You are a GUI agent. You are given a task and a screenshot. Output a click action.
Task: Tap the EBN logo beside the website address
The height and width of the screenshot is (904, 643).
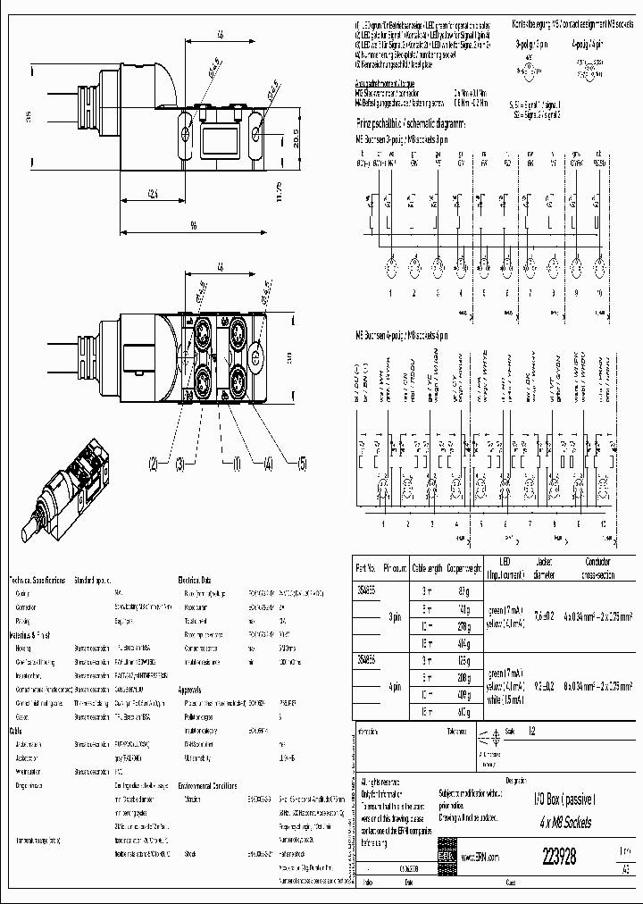coord(447,855)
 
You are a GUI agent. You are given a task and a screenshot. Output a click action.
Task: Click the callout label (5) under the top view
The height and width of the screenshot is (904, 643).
coord(301,463)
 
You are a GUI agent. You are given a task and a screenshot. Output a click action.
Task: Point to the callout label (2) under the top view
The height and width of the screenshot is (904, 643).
coord(154,463)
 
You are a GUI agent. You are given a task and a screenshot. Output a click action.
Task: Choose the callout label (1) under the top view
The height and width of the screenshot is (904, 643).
coord(238,463)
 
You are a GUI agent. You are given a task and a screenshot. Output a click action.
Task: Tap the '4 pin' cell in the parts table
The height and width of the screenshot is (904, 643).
coord(394,688)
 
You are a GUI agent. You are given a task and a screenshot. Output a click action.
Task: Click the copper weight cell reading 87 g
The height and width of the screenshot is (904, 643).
coord(463,591)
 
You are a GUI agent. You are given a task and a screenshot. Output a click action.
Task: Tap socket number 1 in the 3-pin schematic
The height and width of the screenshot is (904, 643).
coord(389,292)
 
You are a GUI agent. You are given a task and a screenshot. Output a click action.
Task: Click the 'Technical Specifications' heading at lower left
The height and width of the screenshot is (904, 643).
coord(38,580)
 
